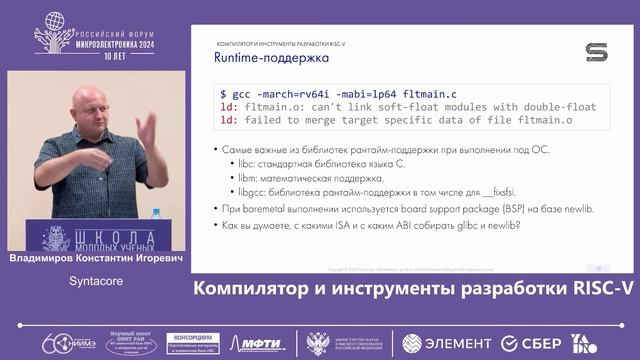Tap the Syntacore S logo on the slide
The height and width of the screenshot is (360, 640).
[597, 52]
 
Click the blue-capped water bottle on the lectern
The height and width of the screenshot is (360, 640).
[156, 221]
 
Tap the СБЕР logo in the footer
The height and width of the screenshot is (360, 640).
[536, 343]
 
